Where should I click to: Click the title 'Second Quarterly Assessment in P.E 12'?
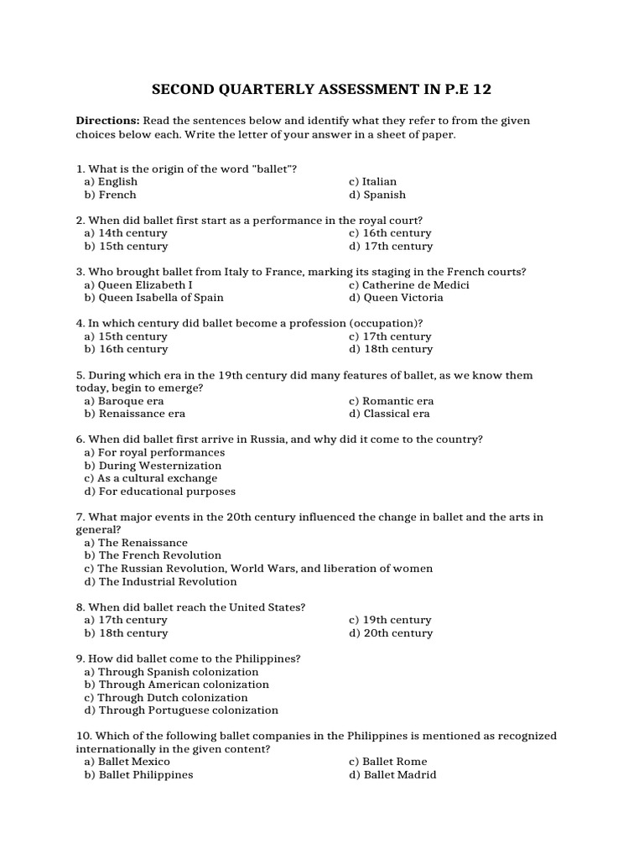[x=322, y=89]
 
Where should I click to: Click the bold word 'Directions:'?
[x=107, y=121]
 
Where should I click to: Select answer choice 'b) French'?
[x=110, y=195]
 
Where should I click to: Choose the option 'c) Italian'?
[x=373, y=181]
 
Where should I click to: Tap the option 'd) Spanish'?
[x=377, y=195]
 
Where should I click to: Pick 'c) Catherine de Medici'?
[x=409, y=285]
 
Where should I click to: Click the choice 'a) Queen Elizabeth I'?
[x=138, y=285]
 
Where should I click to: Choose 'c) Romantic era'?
[x=392, y=401]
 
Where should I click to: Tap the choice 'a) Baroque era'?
[x=124, y=401]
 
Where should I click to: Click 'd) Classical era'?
[x=390, y=414]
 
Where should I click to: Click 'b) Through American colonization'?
[x=176, y=685]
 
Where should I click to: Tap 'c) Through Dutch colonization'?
[x=166, y=697]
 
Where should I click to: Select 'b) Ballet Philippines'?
[x=138, y=775]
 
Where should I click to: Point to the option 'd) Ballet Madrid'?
[x=392, y=775]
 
